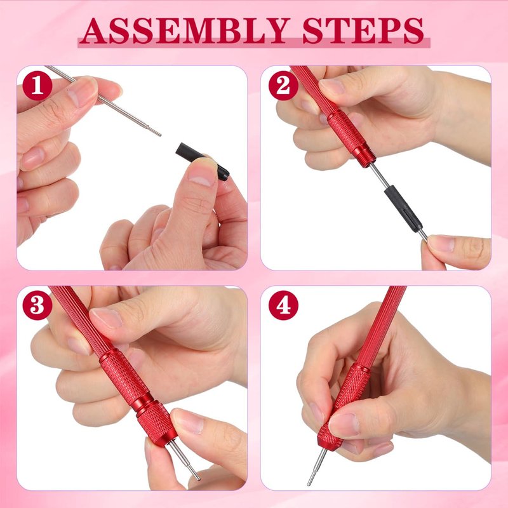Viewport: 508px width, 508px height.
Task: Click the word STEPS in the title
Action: point(363,30)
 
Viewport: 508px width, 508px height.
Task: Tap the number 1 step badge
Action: point(37,86)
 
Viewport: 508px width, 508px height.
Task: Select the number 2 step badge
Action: point(283,86)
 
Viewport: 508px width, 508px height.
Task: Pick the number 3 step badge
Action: point(37,305)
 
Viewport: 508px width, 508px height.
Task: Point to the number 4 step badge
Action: point(283,305)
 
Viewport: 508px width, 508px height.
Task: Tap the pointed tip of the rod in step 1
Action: point(160,135)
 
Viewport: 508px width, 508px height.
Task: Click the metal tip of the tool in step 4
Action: point(316,467)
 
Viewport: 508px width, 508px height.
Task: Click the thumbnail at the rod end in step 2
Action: point(441,243)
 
